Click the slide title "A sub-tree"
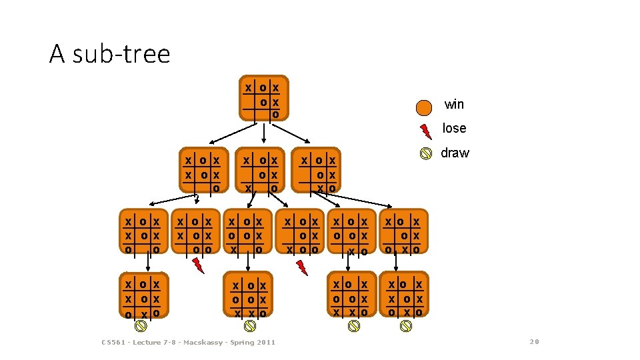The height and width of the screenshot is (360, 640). click(x=109, y=54)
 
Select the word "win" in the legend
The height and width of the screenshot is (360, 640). click(x=454, y=105)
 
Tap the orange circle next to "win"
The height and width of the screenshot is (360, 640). click(x=424, y=107)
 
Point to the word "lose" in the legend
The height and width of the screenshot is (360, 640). click(x=454, y=128)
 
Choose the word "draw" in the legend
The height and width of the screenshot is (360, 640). click(x=455, y=153)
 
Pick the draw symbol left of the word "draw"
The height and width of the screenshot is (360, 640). click(x=425, y=154)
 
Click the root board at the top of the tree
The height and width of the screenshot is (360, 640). click(x=264, y=99)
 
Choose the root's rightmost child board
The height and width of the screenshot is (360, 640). click(x=319, y=171)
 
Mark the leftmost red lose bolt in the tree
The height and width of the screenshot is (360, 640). click(x=198, y=265)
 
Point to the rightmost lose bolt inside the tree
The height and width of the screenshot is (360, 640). click(x=302, y=267)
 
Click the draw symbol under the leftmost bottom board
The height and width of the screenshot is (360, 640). click(x=141, y=325)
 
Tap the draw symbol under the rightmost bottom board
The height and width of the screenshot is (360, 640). click(x=405, y=325)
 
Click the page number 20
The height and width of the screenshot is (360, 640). click(x=534, y=342)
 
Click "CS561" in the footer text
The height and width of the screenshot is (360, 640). click(x=113, y=343)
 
